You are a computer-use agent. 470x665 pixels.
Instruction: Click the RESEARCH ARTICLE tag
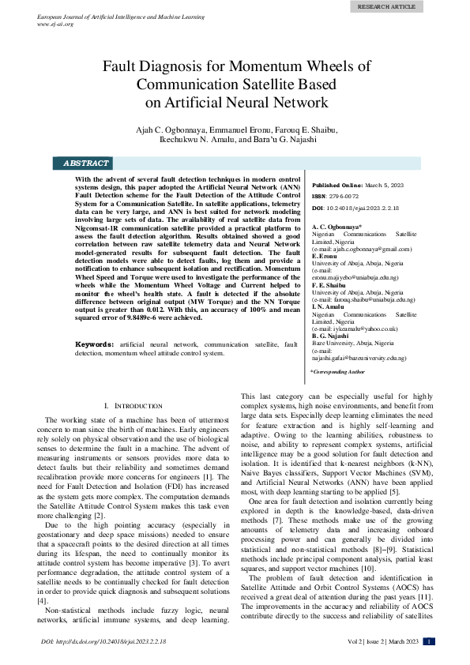pyautogui.click(x=386, y=6)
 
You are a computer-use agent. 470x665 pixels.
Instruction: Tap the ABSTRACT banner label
pyautogui.click(x=85, y=163)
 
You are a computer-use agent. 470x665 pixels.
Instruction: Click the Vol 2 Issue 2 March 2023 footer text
pyautogui.click(x=381, y=641)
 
